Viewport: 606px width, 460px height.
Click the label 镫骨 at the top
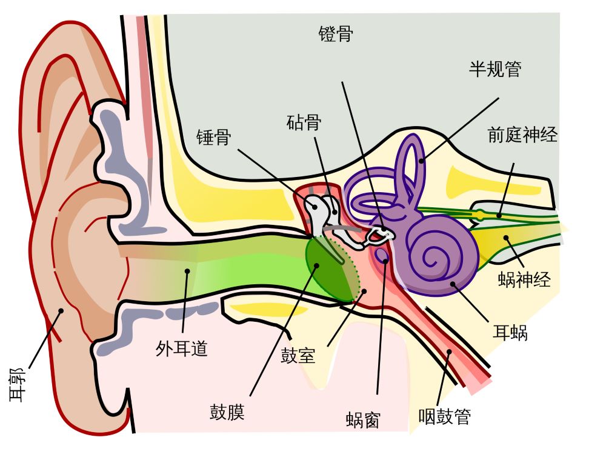[x=336, y=35]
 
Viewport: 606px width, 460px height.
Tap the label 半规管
[x=495, y=69]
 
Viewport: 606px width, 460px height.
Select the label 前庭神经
[x=522, y=135]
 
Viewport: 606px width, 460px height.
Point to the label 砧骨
[x=304, y=123]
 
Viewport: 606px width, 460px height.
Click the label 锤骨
[x=213, y=138]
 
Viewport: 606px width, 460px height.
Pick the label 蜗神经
[x=525, y=279]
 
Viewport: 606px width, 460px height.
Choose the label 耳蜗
[x=510, y=332]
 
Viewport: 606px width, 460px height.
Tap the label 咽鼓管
[x=445, y=416]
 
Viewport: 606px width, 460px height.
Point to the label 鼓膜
[x=227, y=412]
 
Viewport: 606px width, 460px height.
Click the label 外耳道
[x=182, y=348]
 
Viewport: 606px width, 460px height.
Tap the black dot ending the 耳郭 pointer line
[x=60, y=312]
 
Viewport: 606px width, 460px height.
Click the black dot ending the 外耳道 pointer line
[x=188, y=271]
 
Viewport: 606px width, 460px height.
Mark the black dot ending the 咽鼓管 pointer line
[x=450, y=351]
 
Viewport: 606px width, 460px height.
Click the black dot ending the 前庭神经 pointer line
[x=499, y=215]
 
